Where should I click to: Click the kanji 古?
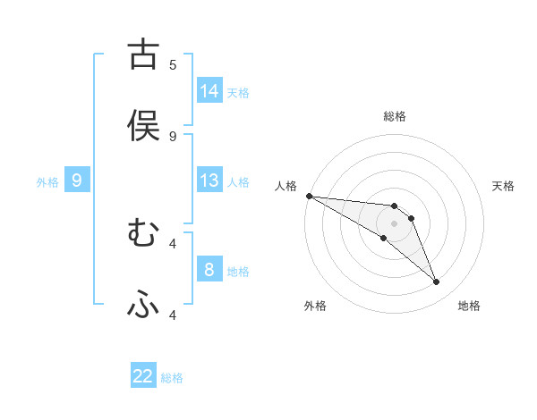(143, 55)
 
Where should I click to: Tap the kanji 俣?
(143, 126)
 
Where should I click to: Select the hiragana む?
(143, 233)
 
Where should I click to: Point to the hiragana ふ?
(143, 305)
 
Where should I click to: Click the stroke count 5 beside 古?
(173, 64)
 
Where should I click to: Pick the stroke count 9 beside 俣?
(173, 136)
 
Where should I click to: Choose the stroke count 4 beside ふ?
(173, 315)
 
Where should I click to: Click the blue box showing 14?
(209, 91)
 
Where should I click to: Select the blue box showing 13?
(209, 181)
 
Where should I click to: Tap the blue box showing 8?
(209, 270)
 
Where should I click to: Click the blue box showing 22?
(143, 377)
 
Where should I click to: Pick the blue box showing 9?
(77, 181)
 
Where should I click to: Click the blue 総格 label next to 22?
(172, 378)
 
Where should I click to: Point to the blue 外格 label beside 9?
(47, 182)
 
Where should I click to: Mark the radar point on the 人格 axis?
(309, 196)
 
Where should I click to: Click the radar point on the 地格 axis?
(436, 282)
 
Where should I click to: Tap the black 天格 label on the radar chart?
(504, 186)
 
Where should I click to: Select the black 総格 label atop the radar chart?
(395, 116)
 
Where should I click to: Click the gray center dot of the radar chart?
(394, 223)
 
